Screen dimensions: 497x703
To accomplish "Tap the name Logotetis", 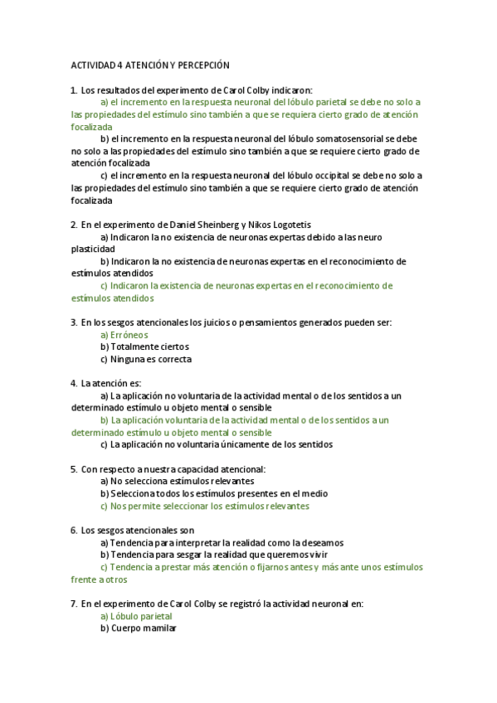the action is click(289, 225).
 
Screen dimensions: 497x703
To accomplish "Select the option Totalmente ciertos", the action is click(144, 347).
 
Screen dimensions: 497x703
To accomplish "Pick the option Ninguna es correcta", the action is click(146, 359).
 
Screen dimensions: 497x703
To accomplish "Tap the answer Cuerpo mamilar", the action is click(138, 628).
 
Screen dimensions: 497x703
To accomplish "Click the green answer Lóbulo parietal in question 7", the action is click(136, 617).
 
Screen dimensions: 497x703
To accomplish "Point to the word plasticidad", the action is click(93, 249).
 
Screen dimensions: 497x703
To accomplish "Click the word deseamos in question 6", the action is click(324, 542).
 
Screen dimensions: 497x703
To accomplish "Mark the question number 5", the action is click(74, 469).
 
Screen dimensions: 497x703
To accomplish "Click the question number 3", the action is click(74, 322).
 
